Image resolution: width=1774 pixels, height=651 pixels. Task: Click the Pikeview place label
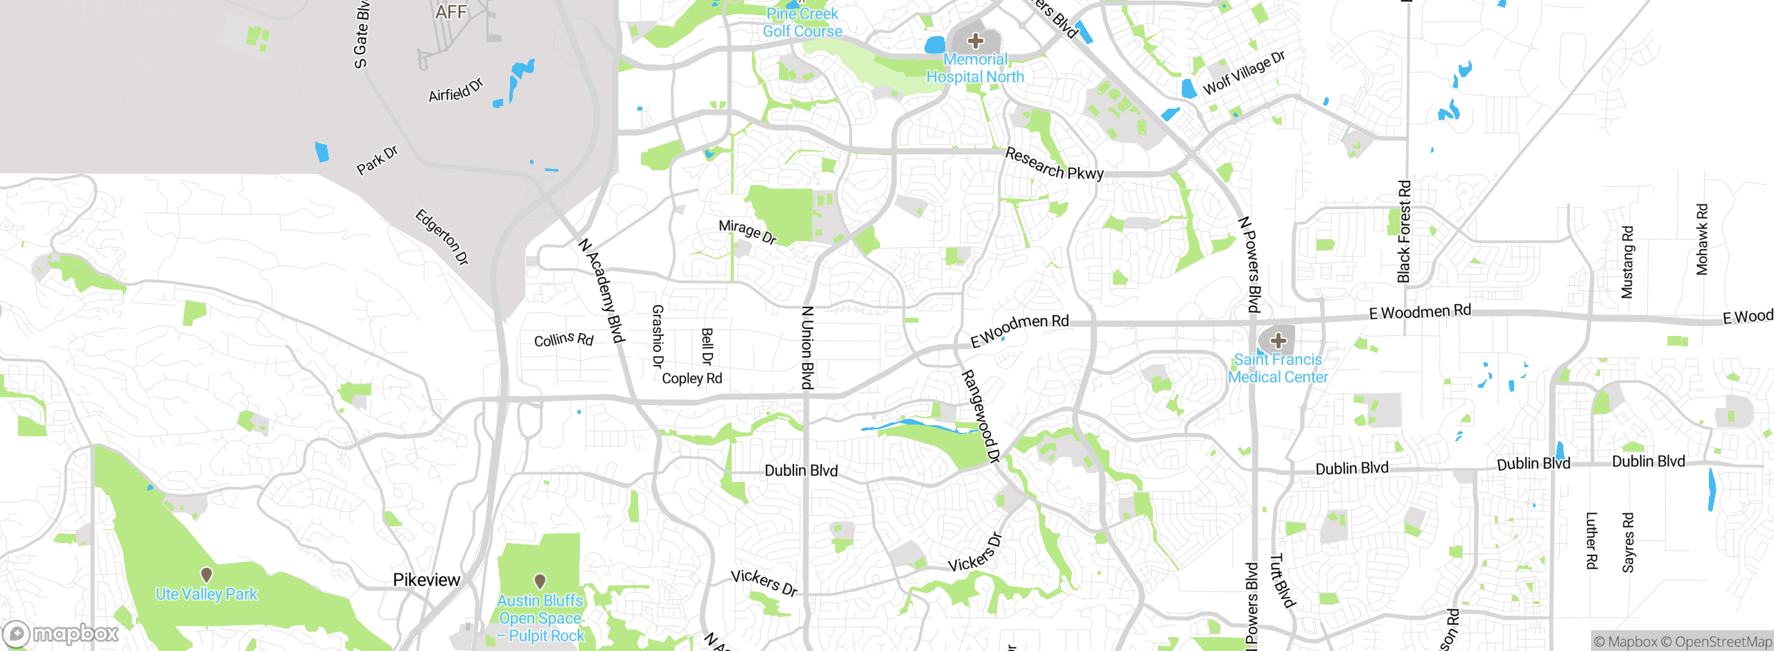pos(426,580)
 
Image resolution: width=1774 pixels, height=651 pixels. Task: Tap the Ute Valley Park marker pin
pos(207,575)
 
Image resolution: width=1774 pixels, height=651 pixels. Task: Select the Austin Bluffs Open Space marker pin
pos(540,581)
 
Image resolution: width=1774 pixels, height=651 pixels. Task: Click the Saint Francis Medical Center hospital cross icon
pos(1279,340)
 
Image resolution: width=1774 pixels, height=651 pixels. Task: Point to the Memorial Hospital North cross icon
pos(976,41)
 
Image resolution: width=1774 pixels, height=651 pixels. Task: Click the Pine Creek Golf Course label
pos(802,23)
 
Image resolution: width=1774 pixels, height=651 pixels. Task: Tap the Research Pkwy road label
pos(1054,164)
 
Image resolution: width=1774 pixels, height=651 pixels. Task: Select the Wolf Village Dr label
pos(1244,73)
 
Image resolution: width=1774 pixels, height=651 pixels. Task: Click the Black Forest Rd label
pos(1404,232)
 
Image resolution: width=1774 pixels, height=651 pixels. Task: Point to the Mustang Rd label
pos(1627,262)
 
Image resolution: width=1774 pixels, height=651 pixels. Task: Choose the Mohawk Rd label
pos(1702,240)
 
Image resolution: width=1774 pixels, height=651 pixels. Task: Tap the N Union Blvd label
pos(807,348)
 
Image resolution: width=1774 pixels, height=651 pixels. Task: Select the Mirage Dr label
pos(747,231)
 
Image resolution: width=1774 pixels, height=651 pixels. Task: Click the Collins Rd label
pos(563,339)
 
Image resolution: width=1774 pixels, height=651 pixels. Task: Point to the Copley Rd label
pos(692,378)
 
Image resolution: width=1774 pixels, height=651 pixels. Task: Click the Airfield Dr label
pos(455,91)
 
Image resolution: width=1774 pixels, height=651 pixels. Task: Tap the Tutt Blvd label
pos(1282,580)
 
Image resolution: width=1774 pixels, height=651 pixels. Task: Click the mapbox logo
pos(61,634)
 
